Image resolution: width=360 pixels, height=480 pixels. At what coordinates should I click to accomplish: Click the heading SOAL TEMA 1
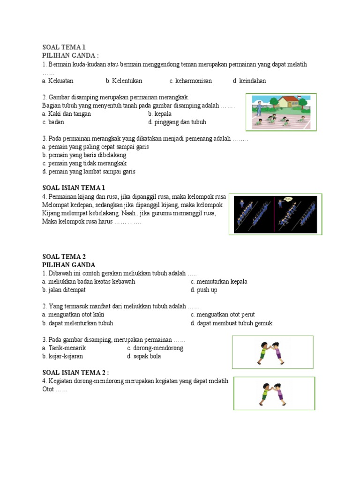coord(64,47)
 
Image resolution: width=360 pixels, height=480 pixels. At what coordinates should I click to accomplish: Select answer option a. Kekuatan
coord(58,81)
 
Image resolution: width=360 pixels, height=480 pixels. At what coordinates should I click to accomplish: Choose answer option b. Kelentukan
coord(124,81)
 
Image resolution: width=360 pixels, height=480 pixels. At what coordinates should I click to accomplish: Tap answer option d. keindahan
coord(249,81)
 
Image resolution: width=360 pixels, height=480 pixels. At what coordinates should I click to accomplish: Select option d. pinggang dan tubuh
coord(177,122)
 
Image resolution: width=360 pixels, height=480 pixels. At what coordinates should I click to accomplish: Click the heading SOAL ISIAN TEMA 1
coord(74,188)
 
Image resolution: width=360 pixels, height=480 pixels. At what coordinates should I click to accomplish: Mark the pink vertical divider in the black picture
coord(274,214)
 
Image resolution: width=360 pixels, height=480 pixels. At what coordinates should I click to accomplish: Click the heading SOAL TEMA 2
coord(64,257)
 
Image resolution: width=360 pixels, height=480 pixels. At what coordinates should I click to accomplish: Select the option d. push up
coord(204,290)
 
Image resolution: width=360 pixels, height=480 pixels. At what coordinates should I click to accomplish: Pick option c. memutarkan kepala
coord(219,282)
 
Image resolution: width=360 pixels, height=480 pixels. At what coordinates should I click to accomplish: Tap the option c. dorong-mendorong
coord(155,348)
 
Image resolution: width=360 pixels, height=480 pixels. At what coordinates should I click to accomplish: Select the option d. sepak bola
coord(144,357)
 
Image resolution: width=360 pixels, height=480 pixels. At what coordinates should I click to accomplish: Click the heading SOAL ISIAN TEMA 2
coord(75,373)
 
